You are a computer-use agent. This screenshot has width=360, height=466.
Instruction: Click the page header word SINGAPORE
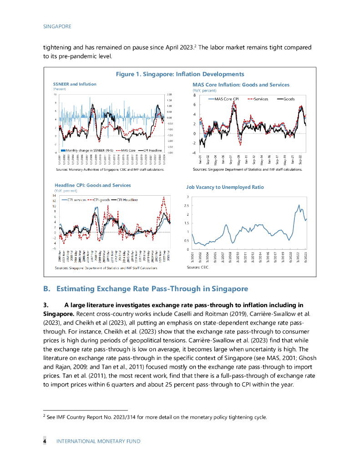[57, 26]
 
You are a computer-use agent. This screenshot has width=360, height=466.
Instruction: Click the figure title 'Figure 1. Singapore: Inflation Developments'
[180, 74]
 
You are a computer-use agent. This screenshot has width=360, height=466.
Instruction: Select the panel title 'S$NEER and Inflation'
[75, 84]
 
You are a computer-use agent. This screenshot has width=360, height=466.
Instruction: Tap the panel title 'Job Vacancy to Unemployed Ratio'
[225, 187]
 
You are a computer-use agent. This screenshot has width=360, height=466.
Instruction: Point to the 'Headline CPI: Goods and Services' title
[92, 185]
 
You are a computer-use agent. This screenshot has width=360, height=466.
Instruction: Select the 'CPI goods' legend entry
[101, 199]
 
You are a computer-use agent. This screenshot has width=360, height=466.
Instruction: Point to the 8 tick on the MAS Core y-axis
[194, 96]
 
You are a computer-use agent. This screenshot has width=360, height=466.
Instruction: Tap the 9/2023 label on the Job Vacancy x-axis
[306, 258]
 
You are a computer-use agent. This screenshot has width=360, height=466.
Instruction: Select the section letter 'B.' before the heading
[46, 289]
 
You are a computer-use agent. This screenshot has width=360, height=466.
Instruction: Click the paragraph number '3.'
[46, 304]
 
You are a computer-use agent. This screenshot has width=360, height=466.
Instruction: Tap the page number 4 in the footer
[45, 441]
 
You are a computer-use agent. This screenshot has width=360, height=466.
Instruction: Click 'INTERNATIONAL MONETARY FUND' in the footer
[98, 441]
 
